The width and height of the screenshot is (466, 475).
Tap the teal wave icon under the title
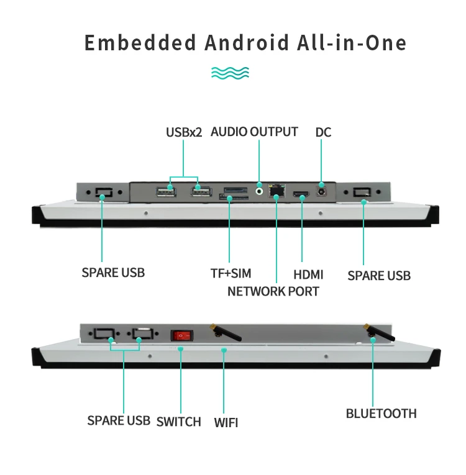click(x=231, y=73)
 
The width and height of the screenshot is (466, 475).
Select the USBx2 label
click(x=184, y=132)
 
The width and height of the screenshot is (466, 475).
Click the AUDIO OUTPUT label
click(x=254, y=132)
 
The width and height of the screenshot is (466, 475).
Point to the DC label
click(x=323, y=132)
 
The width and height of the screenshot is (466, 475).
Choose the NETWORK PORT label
click(x=273, y=291)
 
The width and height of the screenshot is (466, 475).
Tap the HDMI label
click(x=308, y=274)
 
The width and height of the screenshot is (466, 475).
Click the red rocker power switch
click(x=181, y=335)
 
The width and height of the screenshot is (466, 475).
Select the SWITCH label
click(x=179, y=422)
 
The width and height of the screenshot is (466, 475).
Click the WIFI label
click(x=226, y=423)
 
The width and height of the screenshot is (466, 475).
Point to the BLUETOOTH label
click(x=381, y=413)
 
